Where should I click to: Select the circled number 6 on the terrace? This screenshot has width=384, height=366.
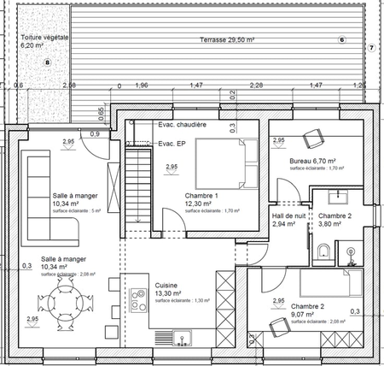tap(342, 40)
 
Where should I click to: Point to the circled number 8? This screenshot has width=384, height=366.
tap(48, 62)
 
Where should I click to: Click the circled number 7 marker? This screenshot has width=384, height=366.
tap(371, 48)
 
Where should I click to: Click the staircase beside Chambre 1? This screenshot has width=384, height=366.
tap(137, 186)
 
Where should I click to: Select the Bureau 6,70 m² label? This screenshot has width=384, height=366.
tap(312, 161)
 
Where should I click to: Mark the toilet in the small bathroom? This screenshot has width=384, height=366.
tap(323, 251)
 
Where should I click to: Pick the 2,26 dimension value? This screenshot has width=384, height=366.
tap(255, 86)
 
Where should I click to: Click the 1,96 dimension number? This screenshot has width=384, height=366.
tap(143, 86)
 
